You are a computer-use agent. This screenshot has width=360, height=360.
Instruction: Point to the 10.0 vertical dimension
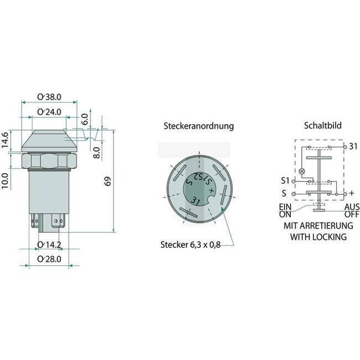[6, 181]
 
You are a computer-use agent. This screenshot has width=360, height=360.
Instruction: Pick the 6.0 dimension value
[84, 119]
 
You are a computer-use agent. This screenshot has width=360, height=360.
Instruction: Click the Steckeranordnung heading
[198, 126]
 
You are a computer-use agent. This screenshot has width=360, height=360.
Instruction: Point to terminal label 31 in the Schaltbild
[352, 146]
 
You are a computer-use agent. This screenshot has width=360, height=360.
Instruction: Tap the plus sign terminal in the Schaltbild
[351, 193]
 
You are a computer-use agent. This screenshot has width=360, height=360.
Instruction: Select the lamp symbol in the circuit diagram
[302, 171]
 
